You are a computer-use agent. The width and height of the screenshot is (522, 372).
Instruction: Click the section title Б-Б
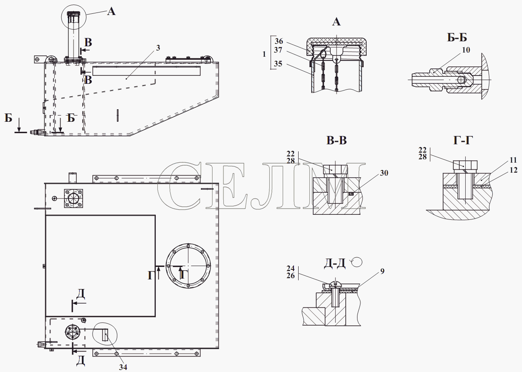click(x=457, y=38)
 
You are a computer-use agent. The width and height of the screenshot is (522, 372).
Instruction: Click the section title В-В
click(x=337, y=141)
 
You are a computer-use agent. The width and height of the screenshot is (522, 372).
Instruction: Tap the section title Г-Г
click(x=463, y=141)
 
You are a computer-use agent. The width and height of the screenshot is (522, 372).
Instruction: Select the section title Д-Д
click(x=334, y=264)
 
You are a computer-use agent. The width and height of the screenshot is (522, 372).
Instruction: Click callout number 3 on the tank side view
click(x=158, y=48)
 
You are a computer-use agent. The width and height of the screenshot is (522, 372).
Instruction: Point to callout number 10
click(x=466, y=50)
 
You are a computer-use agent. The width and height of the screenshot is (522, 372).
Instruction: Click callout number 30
click(x=384, y=173)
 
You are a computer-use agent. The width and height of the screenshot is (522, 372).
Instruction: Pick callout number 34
click(x=123, y=367)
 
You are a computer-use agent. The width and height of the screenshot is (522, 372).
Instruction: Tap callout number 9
click(x=383, y=271)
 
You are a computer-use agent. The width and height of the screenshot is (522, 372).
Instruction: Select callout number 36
click(x=279, y=41)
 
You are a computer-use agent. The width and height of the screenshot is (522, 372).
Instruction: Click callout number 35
click(x=278, y=64)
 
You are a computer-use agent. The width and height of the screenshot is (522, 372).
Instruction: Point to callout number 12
click(x=514, y=170)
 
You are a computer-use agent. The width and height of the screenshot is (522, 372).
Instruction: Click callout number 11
click(x=513, y=160)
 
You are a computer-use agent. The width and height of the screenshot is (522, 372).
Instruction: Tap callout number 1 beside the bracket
click(x=264, y=54)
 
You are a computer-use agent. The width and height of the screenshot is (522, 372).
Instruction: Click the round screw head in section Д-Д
click(x=335, y=284)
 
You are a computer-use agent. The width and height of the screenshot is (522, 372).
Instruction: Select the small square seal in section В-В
click(x=351, y=194)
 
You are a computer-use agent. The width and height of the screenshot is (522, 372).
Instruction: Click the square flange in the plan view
click(x=73, y=199)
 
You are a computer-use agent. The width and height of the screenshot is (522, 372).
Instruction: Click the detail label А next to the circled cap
click(x=111, y=11)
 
